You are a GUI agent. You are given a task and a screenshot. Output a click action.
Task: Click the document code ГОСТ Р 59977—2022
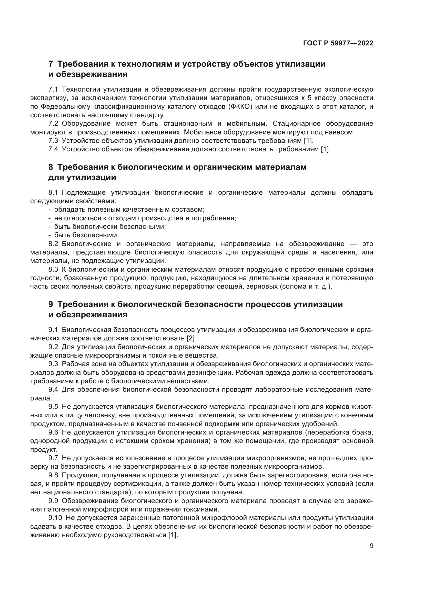click(x=338, y=43)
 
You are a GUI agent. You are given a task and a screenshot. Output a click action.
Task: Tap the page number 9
click(x=371, y=546)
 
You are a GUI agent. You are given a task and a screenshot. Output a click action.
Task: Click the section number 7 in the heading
click(x=51, y=64)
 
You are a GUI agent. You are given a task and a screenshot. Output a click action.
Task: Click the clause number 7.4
click(x=53, y=150)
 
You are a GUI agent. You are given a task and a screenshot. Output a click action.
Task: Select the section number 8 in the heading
click(x=51, y=167)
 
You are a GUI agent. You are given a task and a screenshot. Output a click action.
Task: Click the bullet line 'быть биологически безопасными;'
click(x=110, y=227)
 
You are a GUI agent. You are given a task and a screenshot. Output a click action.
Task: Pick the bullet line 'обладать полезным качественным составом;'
click(x=129, y=210)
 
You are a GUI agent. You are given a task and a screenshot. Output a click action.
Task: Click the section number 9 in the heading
click(x=51, y=304)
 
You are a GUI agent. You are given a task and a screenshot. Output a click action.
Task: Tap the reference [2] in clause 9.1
click(x=191, y=338)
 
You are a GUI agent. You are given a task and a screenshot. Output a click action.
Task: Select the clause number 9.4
click(x=53, y=390)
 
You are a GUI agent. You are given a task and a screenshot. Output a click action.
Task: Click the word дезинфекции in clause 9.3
click(x=213, y=373)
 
